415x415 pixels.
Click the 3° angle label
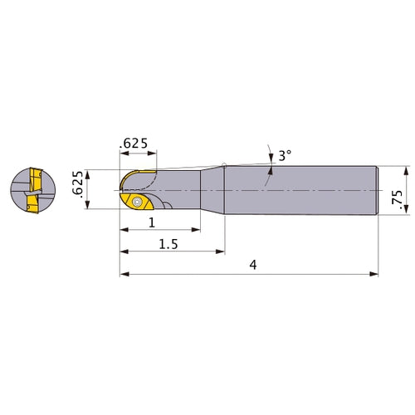[x=284, y=155]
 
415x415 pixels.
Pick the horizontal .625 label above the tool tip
[x=135, y=144]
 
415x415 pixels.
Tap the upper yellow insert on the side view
[x=138, y=176]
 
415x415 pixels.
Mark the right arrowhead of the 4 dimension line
[x=375, y=272]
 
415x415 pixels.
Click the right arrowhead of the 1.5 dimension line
[x=222, y=249]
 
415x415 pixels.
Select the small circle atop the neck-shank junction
[x=224, y=164]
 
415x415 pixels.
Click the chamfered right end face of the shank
[x=378, y=192]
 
